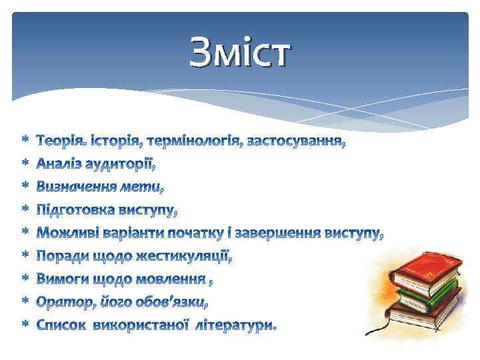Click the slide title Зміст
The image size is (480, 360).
pyautogui.click(x=240, y=53)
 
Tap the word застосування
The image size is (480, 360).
pyautogui.click(x=296, y=141)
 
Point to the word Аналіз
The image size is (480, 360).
pyautogui.click(x=58, y=164)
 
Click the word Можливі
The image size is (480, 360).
pyautogui.click(x=66, y=233)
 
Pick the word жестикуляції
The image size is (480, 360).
pyautogui.click(x=187, y=257)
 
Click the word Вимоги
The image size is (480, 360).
pyautogui.click(x=61, y=279)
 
